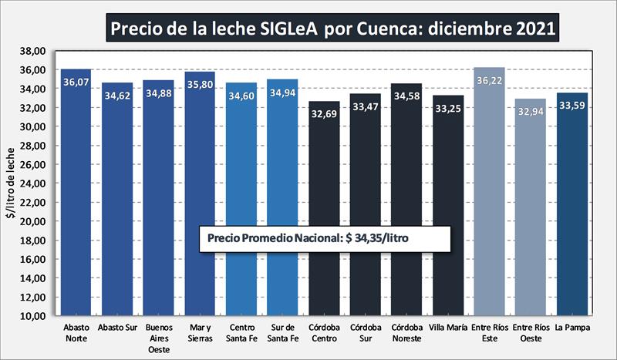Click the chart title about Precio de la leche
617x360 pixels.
coord(332,29)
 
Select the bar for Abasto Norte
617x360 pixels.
coord(76,193)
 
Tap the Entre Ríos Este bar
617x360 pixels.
coord(489,193)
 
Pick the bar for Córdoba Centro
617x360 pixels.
coord(324,208)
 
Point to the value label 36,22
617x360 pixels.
coord(489,80)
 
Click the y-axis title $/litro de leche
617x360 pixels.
coord(11,183)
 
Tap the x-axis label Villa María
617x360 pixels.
coord(448,328)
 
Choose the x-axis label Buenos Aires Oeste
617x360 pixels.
coord(159,338)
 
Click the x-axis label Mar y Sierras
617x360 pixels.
coord(200,332)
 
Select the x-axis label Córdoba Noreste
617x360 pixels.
coord(406,332)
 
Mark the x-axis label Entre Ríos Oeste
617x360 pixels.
coord(530,332)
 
